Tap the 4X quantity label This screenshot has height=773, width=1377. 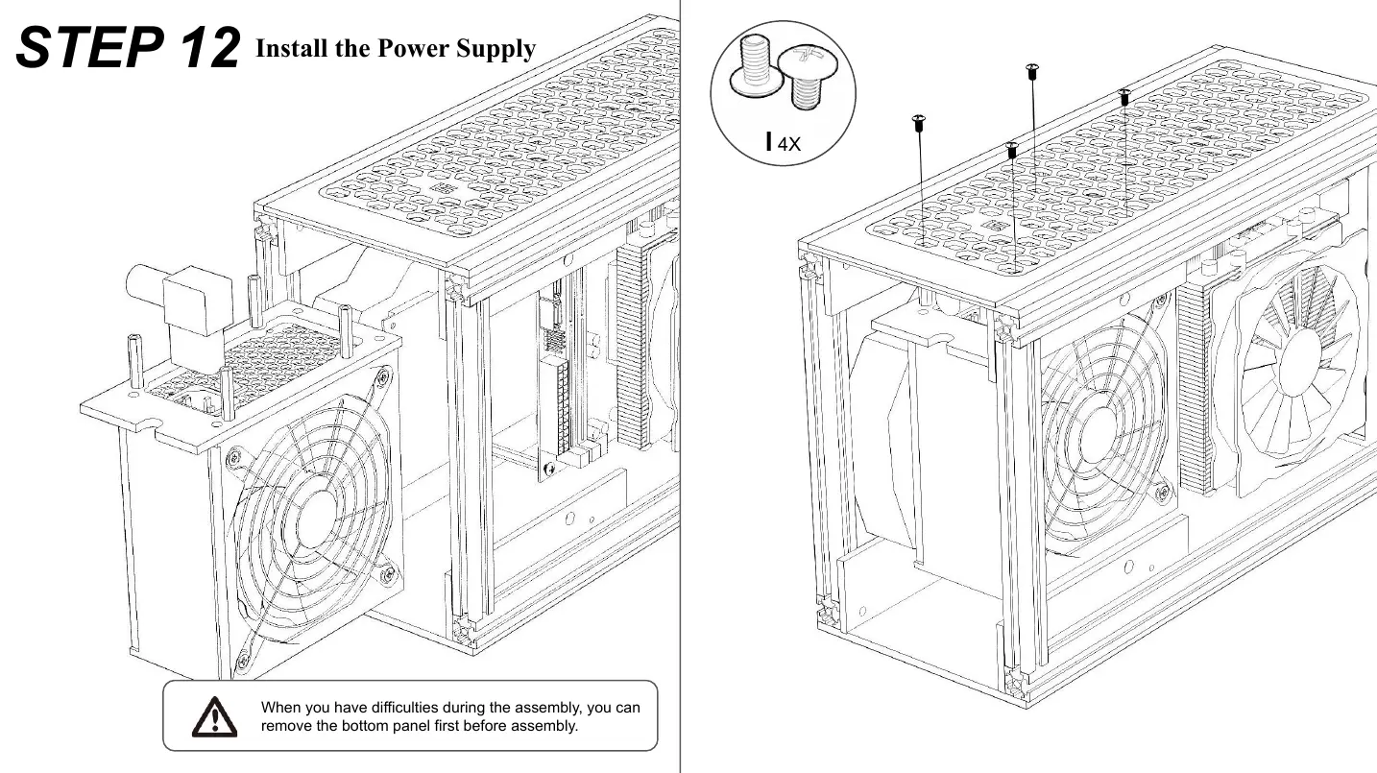[x=787, y=145]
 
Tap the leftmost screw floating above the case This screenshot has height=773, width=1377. [x=918, y=122]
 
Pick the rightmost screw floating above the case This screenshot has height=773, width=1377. [x=1124, y=96]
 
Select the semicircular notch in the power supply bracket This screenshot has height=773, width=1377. [x=148, y=423]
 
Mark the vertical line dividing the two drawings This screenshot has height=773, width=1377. [x=680, y=384]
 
